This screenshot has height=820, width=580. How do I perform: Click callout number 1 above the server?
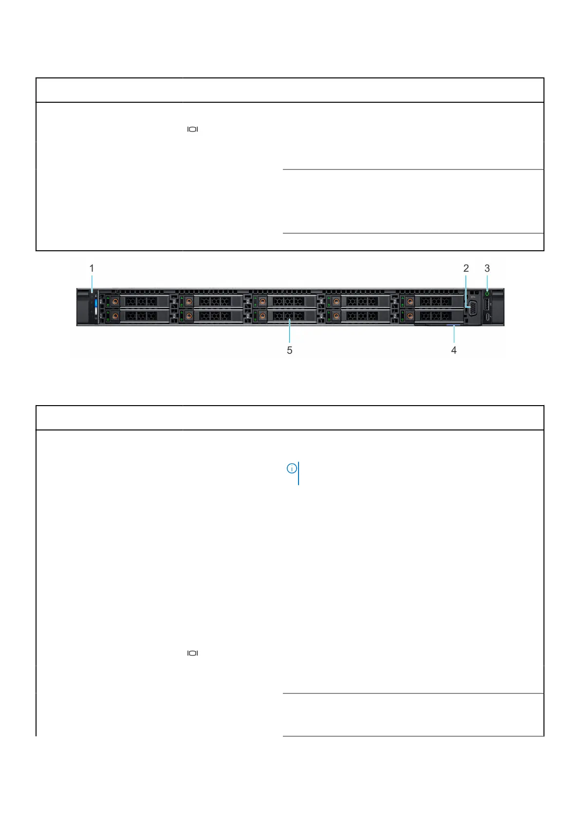[92, 268]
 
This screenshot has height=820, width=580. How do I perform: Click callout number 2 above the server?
[466, 268]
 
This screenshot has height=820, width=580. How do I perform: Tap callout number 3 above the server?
[487, 268]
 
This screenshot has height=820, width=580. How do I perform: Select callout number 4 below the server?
[454, 350]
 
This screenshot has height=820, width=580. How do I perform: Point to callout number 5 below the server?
[289, 350]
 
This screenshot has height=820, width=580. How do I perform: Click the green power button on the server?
[487, 294]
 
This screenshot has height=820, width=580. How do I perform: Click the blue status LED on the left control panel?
[96, 308]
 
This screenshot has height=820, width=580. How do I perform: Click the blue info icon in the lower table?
[291, 469]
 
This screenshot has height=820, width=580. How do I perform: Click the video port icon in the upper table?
[193, 130]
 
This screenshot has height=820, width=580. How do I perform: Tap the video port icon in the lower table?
[193, 653]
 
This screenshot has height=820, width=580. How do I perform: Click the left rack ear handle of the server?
[83, 307]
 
